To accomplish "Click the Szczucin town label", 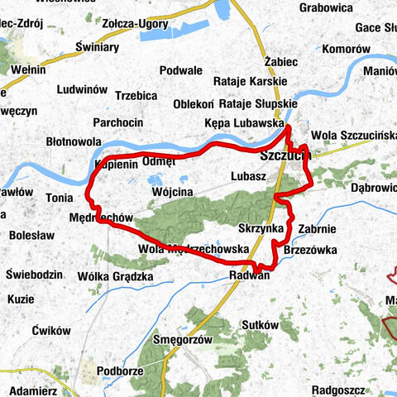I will pyautogui.click(x=284, y=155).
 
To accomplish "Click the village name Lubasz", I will pyautogui.click(x=248, y=176).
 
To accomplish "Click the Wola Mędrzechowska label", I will pyautogui.click(x=194, y=248).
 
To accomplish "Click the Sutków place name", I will pyautogui.click(x=261, y=325).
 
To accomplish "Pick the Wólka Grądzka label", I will pyautogui.click(x=115, y=276).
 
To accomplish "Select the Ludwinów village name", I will pyautogui.click(x=83, y=88).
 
